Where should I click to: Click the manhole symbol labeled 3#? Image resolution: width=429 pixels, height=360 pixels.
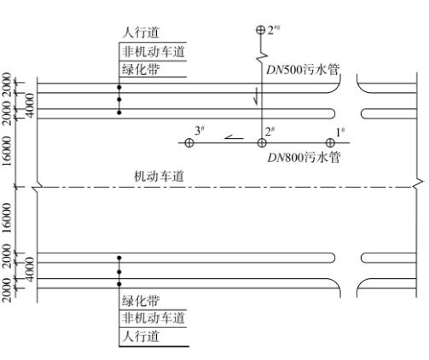point(189,142)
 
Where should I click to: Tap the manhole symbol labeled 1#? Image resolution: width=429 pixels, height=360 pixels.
point(330,142)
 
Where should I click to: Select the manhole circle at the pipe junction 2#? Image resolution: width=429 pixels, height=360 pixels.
point(262,142)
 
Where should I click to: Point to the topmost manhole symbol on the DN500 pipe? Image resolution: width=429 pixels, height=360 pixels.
point(260,30)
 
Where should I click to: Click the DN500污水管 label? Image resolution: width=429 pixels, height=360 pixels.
point(303,70)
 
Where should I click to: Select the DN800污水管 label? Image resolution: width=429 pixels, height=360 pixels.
point(304,157)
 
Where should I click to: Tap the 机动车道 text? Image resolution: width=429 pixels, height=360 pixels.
point(159,177)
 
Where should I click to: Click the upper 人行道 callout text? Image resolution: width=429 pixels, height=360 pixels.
point(141,32)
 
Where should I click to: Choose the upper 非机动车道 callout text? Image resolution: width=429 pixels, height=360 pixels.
point(154,51)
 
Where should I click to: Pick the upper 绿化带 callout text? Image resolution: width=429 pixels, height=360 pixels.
point(141,69)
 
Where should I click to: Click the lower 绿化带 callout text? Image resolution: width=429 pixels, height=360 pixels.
point(141,300)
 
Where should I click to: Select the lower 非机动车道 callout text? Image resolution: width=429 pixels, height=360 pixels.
point(154,317)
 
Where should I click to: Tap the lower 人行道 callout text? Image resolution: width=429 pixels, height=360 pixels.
point(141,336)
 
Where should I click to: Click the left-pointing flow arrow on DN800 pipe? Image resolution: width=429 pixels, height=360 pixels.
point(234,137)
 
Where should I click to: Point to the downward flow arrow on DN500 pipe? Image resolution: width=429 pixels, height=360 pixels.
point(256,96)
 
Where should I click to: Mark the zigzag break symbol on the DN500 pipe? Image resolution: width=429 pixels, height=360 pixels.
point(262,57)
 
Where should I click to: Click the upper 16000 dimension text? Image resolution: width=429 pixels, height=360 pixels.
point(7,151)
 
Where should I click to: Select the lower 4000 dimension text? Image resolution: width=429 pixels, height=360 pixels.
point(30,270)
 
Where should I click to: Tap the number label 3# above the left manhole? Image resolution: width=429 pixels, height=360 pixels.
point(200,131)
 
